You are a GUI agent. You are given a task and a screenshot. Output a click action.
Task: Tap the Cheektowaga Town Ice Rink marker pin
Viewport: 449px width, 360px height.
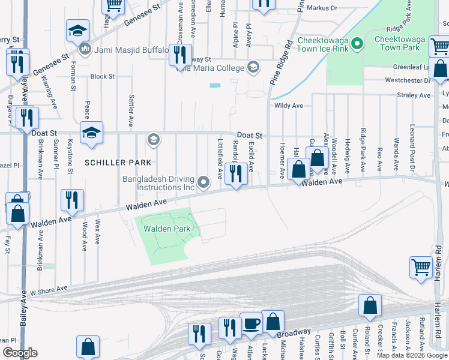(357, 43)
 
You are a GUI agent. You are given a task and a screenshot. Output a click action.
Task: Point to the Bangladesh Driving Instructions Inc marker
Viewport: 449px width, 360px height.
(205, 182)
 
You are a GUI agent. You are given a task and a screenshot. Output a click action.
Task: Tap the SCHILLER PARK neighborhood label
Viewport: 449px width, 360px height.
(118, 163)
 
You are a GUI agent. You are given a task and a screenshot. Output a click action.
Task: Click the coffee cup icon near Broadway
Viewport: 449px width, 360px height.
(251, 325)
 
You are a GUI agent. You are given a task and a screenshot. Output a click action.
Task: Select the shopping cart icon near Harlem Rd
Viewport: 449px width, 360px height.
(421, 268)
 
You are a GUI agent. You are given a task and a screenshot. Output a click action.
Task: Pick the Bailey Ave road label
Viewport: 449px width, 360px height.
(23, 309)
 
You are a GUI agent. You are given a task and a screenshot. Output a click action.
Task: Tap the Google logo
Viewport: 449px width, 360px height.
(20, 353)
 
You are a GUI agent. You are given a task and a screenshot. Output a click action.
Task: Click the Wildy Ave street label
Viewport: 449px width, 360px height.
(289, 106)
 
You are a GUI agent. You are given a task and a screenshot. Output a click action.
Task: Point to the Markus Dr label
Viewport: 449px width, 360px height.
(322, 8)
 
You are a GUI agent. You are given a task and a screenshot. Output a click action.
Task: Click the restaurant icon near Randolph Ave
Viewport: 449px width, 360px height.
(236, 174)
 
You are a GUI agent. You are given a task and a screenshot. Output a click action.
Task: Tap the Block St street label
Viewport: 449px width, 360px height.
(102, 77)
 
